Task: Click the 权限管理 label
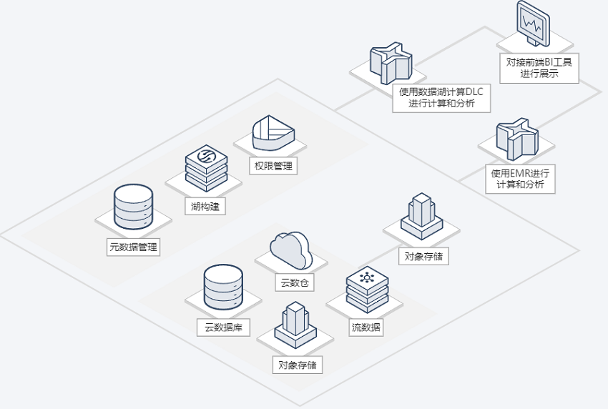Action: pyautogui.click(x=273, y=166)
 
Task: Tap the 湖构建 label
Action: pyautogui.click(x=205, y=206)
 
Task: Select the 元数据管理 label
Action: pyautogui.click(x=133, y=247)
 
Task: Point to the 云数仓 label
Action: pyautogui.click(x=294, y=282)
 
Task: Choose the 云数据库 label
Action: pyautogui.click(x=223, y=327)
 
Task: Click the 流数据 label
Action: pyautogui.click(x=366, y=327)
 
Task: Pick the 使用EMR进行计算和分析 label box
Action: pyautogui.click(x=520, y=179)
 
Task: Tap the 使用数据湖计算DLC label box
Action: pyautogui.click(x=441, y=98)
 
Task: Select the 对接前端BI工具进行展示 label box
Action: pyautogui.click(x=539, y=68)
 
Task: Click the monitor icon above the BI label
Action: pyautogui.click(x=533, y=24)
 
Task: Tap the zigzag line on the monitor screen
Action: pyautogui.click(x=531, y=24)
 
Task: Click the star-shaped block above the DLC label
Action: pyautogui.click(x=391, y=63)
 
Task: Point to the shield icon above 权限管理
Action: pyautogui.click(x=273, y=132)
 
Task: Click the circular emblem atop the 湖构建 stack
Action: pyautogui.click(x=206, y=155)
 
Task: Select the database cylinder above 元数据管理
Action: pyautogui.click(x=133, y=207)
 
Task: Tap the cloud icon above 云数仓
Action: pyautogui.click(x=291, y=250)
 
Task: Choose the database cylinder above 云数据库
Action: pyautogui.click(x=223, y=287)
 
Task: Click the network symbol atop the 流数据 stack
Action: pyautogui.click(x=367, y=277)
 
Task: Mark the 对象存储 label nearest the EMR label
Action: pyautogui.click(x=424, y=256)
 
